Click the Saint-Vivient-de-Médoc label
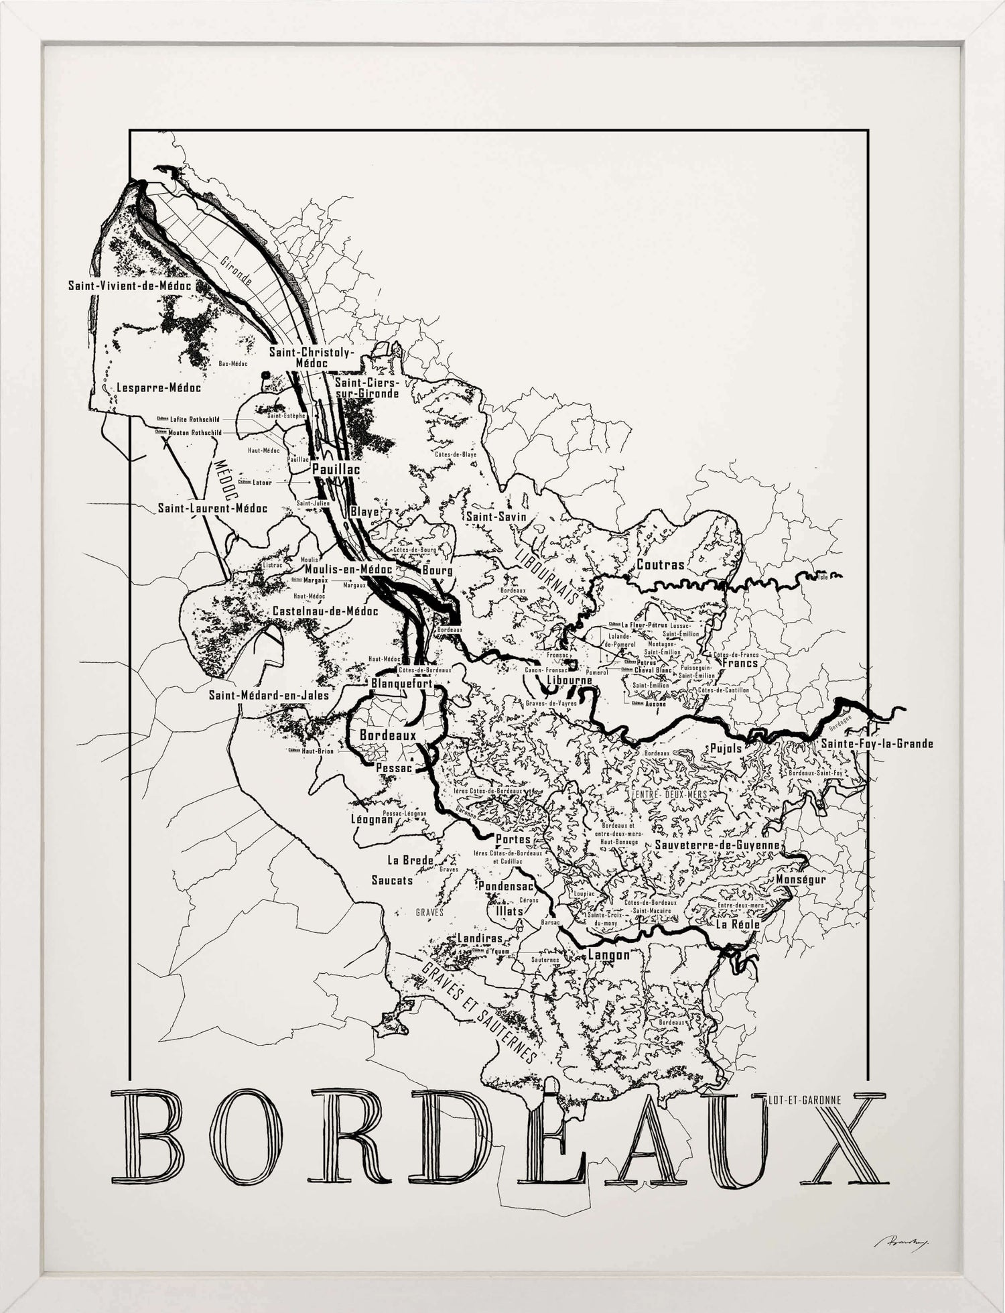(x=129, y=286)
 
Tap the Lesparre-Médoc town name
(x=158, y=387)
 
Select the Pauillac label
(x=336, y=469)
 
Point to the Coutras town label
(x=661, y=564)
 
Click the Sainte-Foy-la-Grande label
(x=877, y=743)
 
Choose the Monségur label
(x=801, y=879)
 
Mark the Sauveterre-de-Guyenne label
(x=718, y=845)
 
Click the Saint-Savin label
(x=496, y=517)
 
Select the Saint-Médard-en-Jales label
(x=269, y=695)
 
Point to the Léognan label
(x=372, y=819)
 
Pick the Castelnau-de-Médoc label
(x=325, y=611)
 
